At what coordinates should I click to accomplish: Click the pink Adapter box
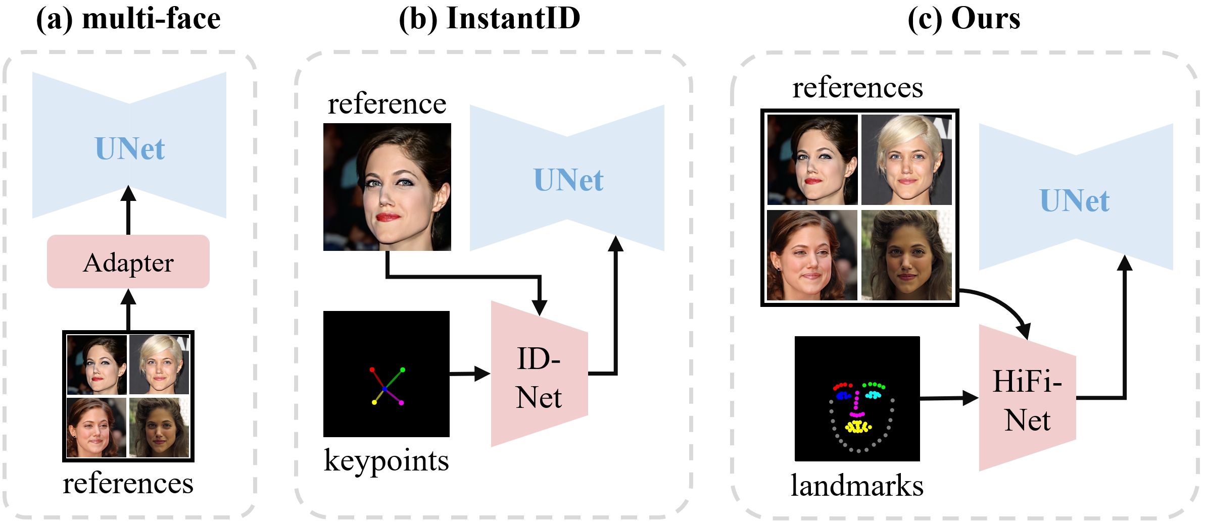pyautogui.click(x=128, y=261)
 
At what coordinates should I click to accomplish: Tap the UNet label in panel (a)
pyautogui.click(x=130, y=149)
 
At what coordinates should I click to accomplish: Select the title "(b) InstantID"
pyautogui.click(x=490, y=19)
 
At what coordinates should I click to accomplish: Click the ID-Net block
pyautogui.click(x=540, y=374)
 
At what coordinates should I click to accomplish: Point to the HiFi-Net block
pyautogui.click(x=1028, y=398)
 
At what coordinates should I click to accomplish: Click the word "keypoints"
pyautogui.click(x=387, y=461)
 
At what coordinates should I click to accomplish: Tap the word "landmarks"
pyautogui.click(x=857, y=486)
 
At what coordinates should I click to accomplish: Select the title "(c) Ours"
pyautogui.click(x=964, y=19)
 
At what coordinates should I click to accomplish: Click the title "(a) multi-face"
pyautogui.click(x=128, y=19)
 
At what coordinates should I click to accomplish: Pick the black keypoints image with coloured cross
pyautogui.click(x=387, y=374)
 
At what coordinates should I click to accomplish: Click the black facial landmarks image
pyautogui.click(x=857, y=399)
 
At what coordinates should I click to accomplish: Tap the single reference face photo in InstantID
pyautogui.click(x=387, y=187)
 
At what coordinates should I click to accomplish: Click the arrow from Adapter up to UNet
pyautogui.click(x=128, y=210)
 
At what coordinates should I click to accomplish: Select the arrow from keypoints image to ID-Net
pyautogui.click(x=470, y=374)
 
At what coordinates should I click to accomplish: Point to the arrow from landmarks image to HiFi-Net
pyautogui.click(x=949, y=398)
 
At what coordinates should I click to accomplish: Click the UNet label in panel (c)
pyautogui.click(x=1075, y=201)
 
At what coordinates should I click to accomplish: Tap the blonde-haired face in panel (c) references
pyautogui.click(x=906, y=160)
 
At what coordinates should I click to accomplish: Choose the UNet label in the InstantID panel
pyautogui.click(x=568, y=180)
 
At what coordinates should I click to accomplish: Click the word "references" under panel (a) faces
pyautogui.click(x=128, y=484)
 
